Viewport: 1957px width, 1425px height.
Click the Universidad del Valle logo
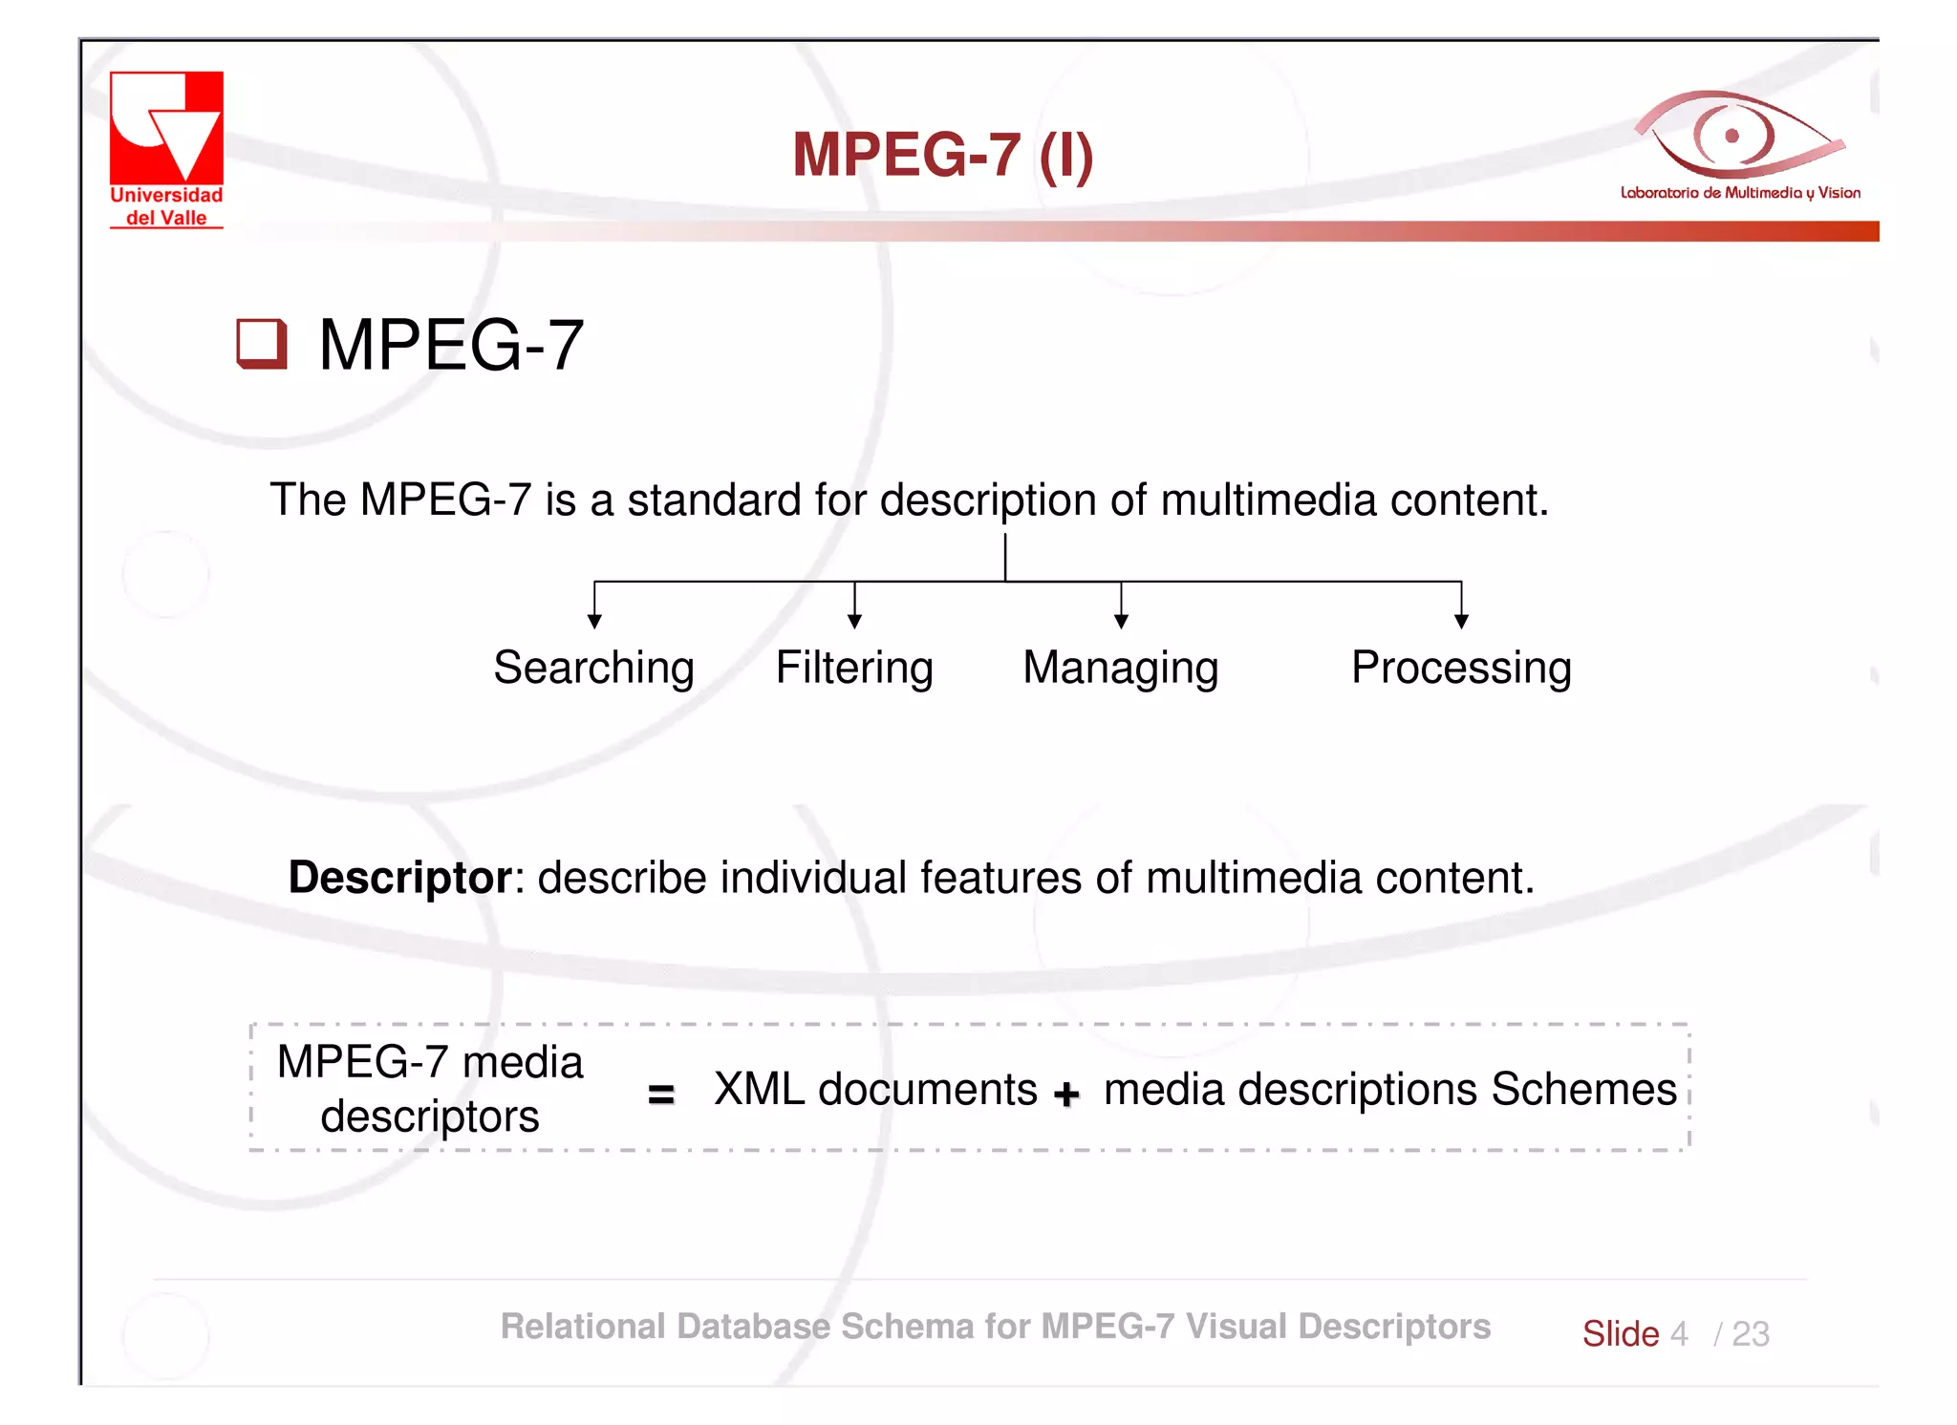[x=166, y=148]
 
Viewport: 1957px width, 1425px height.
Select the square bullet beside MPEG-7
[x=261, y=343]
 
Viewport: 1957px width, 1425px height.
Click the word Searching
[x=593, y=668]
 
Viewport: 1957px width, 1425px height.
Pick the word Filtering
[x=854, y=668]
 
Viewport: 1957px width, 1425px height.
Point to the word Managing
[x=1121, y=668]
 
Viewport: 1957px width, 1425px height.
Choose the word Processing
[x=1461, y=668]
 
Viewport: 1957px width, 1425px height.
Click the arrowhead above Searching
[x=594, y=622]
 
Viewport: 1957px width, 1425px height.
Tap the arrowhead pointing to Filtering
[x=855, y=622]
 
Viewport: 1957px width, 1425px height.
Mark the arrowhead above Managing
[x=1122, y=622]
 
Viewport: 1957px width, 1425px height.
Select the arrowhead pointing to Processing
[x=1461, y=622]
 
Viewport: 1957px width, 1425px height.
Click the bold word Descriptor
[x=400, y=877]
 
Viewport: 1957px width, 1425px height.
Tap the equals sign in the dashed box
[x=661, y=1094]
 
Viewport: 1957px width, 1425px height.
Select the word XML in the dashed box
[x=760, y=1089]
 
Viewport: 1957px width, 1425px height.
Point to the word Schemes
[x=1583, y=1089]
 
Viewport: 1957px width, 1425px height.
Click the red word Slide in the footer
[x=1621, y=1333]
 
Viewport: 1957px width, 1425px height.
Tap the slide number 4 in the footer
[x=1679, y=1333]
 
